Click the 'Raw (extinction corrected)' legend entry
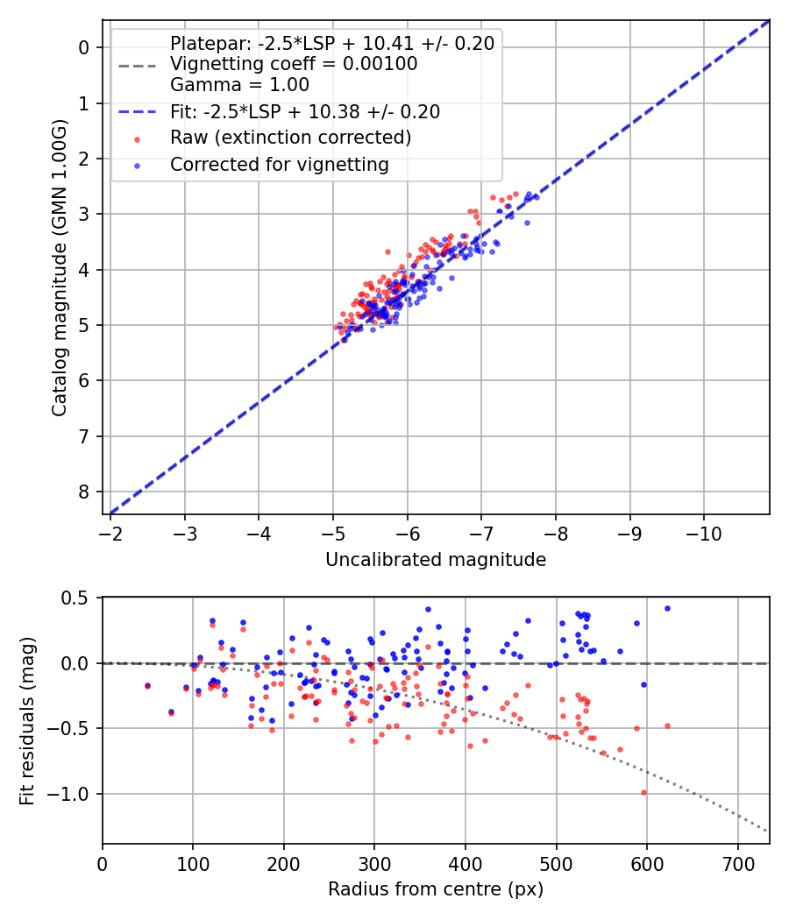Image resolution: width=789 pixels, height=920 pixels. (290, 138)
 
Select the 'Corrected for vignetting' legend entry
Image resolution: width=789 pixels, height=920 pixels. (279, 164)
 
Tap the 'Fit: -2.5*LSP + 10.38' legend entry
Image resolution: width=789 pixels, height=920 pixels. (305, 112)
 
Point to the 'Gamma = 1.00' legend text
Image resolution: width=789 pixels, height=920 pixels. (239, 85)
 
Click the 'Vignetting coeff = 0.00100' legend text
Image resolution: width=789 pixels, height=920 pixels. (294, 64)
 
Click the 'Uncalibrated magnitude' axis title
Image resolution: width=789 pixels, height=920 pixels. (436, 560)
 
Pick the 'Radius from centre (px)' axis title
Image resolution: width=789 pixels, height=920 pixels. (436, 889)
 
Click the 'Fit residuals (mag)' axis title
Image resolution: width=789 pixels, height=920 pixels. (26, 720)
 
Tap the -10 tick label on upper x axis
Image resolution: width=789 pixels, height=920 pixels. (703, 534)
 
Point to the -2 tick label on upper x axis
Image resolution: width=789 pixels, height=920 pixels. (110, 534)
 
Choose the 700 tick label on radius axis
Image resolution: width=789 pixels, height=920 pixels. (737, 863)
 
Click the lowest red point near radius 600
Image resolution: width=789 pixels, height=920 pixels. (643, 792)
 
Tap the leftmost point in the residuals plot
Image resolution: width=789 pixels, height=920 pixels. (147, 686)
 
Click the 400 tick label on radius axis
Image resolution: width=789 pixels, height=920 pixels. (466, 863)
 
